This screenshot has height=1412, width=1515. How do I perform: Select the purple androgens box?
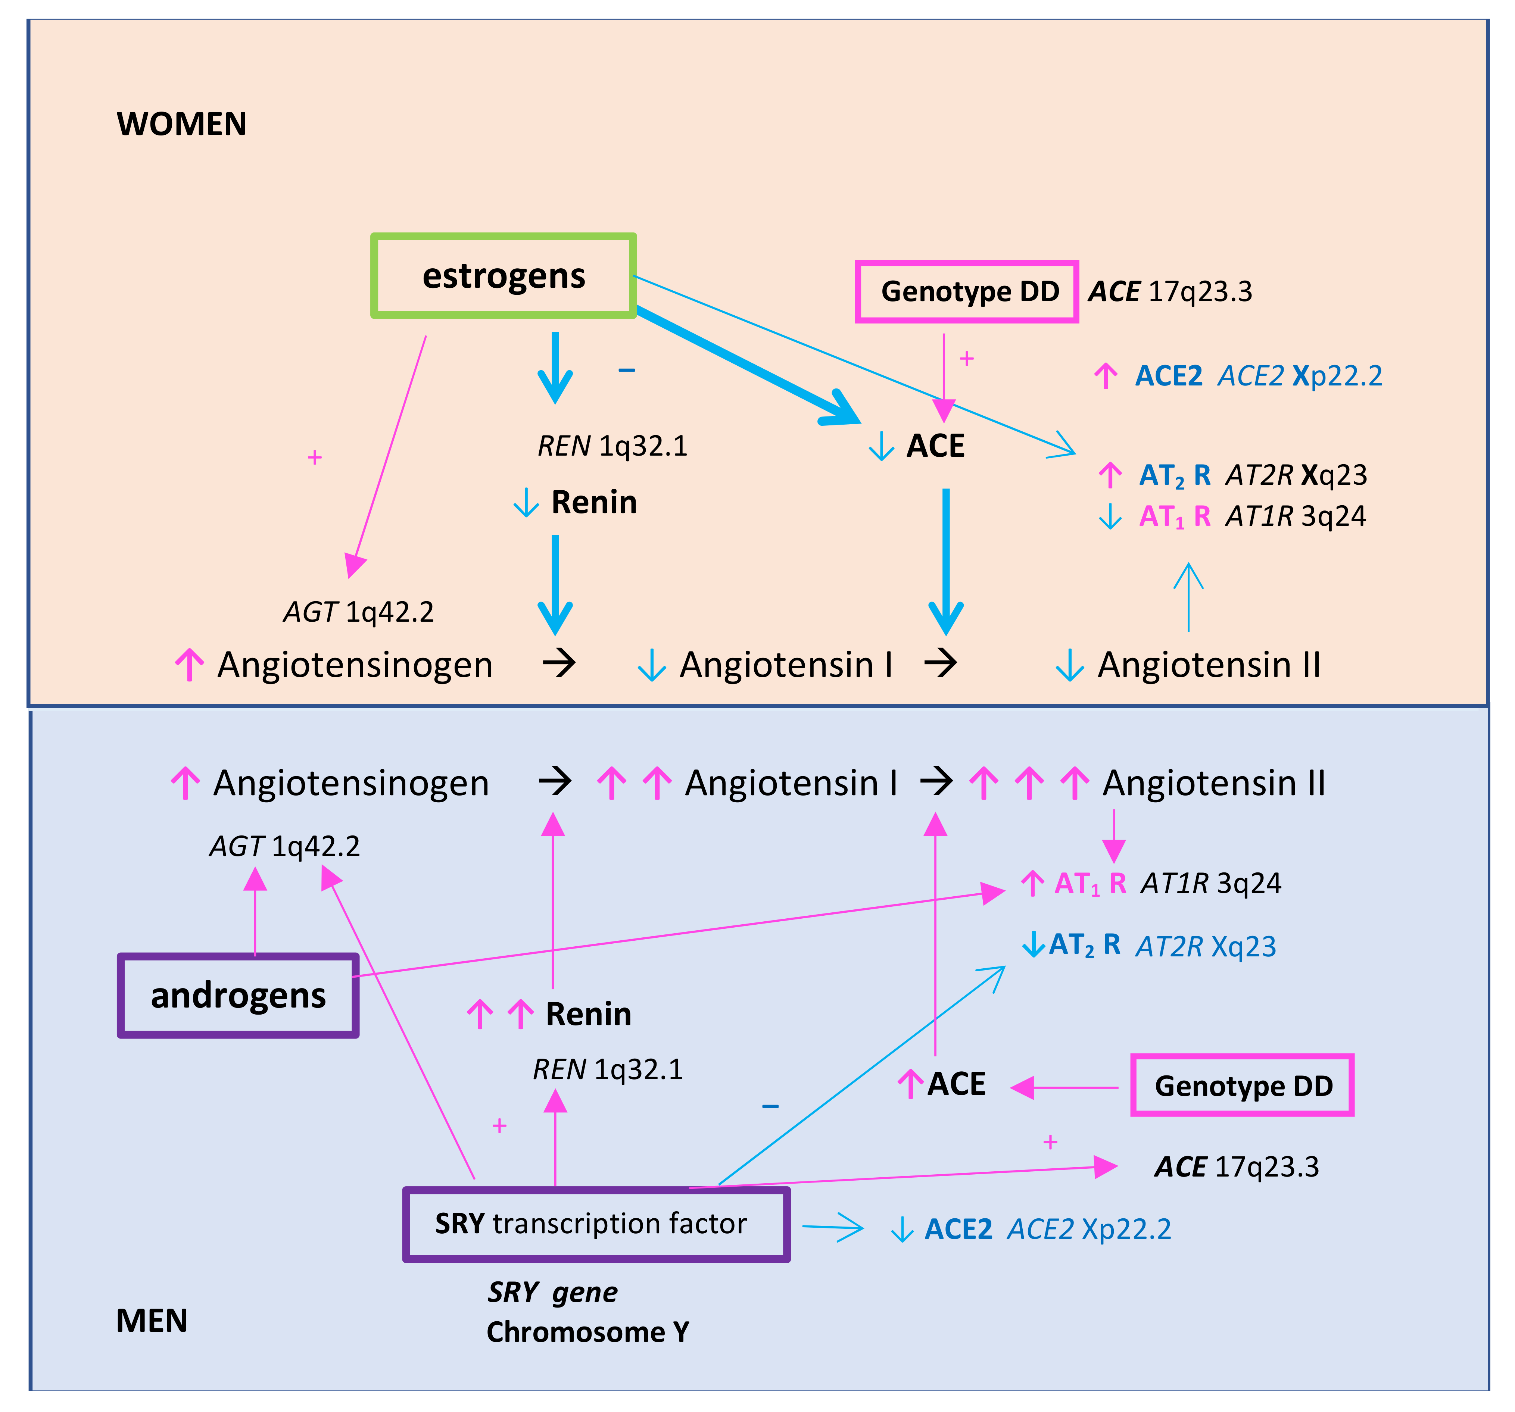click(x=238, y=995)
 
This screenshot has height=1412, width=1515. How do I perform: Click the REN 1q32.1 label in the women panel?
click(x=612, y=446)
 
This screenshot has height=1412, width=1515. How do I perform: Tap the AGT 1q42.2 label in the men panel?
click(x=284, y=846)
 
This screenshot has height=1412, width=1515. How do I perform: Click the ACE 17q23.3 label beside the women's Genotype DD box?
click(x=1170, y=291)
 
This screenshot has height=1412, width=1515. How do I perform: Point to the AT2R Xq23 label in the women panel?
click(x=1296, y=475)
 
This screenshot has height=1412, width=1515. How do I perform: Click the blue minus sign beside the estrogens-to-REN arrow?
click(x=626, y=370)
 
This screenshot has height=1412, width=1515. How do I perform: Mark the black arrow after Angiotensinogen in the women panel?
click(x=559, y=663)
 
